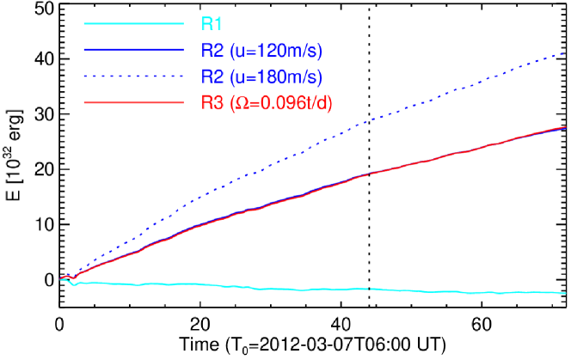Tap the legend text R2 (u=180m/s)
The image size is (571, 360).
tap(261, 76)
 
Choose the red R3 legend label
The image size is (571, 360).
tap(267, 103)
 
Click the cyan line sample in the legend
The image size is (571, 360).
tap(134, 23)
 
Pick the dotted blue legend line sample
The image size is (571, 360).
tap(134, 76)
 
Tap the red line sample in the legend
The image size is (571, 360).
tap(134, 103)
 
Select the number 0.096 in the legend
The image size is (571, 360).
tap(279, 103)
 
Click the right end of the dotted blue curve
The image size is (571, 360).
tap(564, 53)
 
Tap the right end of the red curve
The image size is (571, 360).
tap(565, 127)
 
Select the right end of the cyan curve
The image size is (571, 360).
tap(565, 293)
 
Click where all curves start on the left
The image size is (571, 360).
tap(61, 278)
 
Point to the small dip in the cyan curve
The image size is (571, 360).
tap(75, 284)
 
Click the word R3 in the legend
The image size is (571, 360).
tap(212, 103)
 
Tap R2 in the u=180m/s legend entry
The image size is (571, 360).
tap(212, 76)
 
